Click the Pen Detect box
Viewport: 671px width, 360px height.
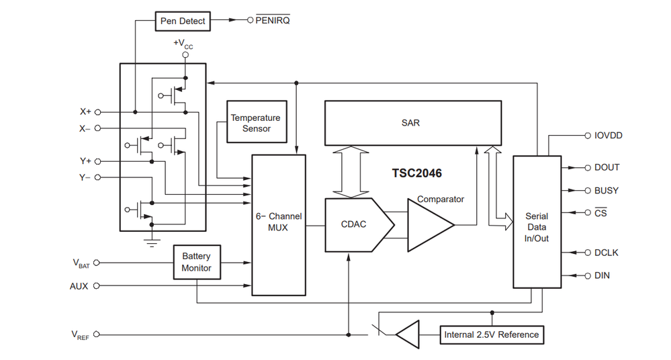183,21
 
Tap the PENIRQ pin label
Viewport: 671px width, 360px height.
273,20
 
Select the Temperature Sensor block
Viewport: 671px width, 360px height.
257,122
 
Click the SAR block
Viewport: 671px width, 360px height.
413,123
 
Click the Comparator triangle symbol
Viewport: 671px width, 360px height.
430,225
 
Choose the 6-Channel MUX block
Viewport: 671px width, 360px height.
279,225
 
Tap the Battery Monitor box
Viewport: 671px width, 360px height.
197,262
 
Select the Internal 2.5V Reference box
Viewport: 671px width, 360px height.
492,334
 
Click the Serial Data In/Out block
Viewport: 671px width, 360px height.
537,222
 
